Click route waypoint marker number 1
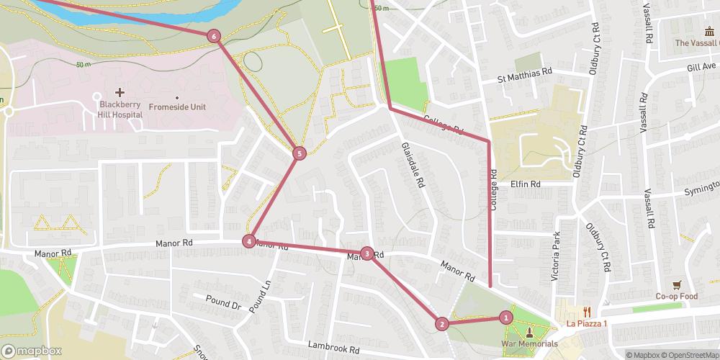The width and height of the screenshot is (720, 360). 506,317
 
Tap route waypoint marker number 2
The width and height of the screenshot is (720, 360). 441,324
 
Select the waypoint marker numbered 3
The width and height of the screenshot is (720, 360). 368,253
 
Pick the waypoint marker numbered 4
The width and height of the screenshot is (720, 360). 248,241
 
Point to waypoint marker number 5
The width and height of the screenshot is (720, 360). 300,153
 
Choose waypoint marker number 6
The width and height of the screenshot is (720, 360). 213,36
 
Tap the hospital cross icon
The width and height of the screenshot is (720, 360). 120,92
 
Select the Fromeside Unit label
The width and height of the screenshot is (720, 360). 177,107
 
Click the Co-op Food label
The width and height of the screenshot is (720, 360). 677,297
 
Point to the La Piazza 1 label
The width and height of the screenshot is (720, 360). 587,323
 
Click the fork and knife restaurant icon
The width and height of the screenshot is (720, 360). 588,312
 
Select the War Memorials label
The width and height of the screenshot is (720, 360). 529,344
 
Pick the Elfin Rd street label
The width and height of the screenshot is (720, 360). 526,184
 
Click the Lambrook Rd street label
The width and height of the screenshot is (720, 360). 333,349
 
